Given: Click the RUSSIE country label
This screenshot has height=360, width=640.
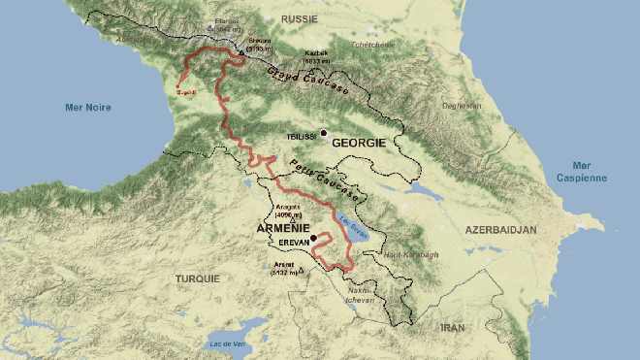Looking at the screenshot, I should (x=301, y=18).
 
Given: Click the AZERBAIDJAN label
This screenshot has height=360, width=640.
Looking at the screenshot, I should (x=501, y=230).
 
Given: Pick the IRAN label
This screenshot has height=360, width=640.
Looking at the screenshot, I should (x=453, y=328).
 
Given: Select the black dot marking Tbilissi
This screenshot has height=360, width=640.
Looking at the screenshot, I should (x=324, y=133).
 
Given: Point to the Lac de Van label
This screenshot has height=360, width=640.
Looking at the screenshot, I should (x=227, y=344).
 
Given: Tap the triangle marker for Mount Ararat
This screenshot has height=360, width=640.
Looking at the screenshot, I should (x=302, y=269).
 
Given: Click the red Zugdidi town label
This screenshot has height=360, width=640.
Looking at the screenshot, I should (x=188, y=92).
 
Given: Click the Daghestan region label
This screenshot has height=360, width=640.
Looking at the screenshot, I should (x=463, y=104).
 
